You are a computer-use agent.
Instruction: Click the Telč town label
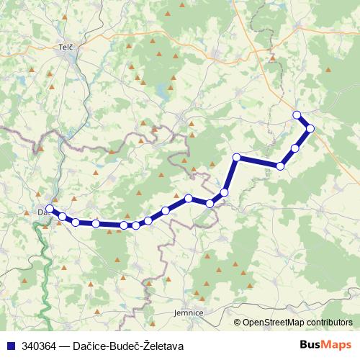click(67, 47)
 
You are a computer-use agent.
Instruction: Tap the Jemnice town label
click(189, 313)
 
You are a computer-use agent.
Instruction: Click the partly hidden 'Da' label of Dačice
click(42, 212)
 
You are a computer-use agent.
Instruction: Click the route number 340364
click(40, 346)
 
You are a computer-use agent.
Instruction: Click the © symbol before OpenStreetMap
click(238, 322)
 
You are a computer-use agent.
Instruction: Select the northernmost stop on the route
click(297, 115)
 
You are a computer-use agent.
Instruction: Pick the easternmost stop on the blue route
click(310, 129)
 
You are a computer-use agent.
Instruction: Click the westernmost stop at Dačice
click(49, 209)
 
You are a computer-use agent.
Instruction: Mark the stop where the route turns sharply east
click(237, 158)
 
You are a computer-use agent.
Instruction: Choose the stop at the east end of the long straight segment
click(280, 166)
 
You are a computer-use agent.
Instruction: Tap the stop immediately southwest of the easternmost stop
click(295, 148)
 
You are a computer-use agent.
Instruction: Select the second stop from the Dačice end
click(63, 216)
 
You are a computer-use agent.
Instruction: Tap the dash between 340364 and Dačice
click(63, 346)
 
